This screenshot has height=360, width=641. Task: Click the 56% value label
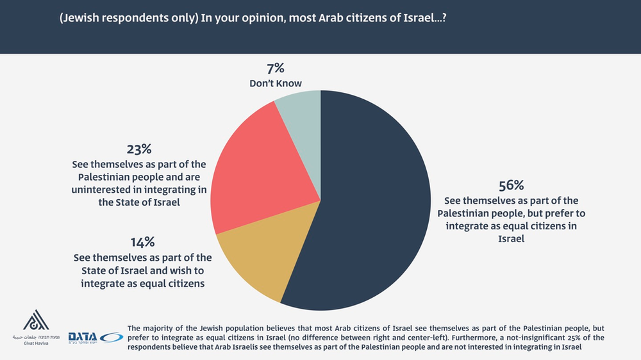511,186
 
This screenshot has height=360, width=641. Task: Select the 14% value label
142,242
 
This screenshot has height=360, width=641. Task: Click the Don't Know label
276,83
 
